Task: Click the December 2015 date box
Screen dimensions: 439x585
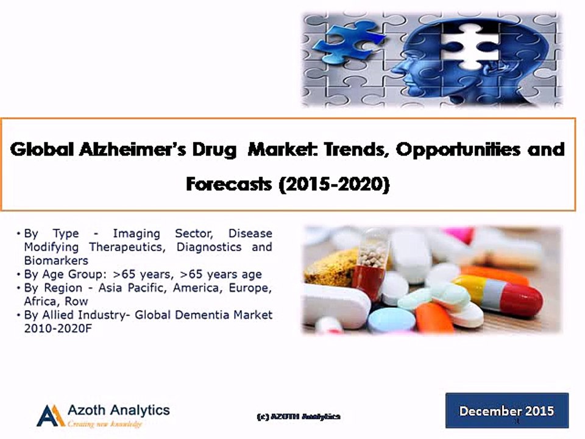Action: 506,410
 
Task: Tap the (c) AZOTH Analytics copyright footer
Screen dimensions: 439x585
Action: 298,416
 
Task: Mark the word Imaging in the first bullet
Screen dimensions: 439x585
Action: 136,234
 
